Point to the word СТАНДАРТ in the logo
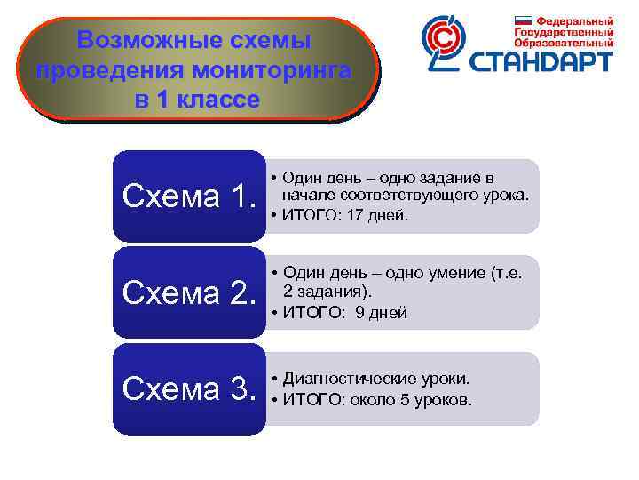click(542, 61)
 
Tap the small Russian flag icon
click(524, 20)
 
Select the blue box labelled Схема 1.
click(190, 196)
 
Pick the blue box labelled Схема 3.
click(190, 389)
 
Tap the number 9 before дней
click(359, 312)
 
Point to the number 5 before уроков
click(406, 399)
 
